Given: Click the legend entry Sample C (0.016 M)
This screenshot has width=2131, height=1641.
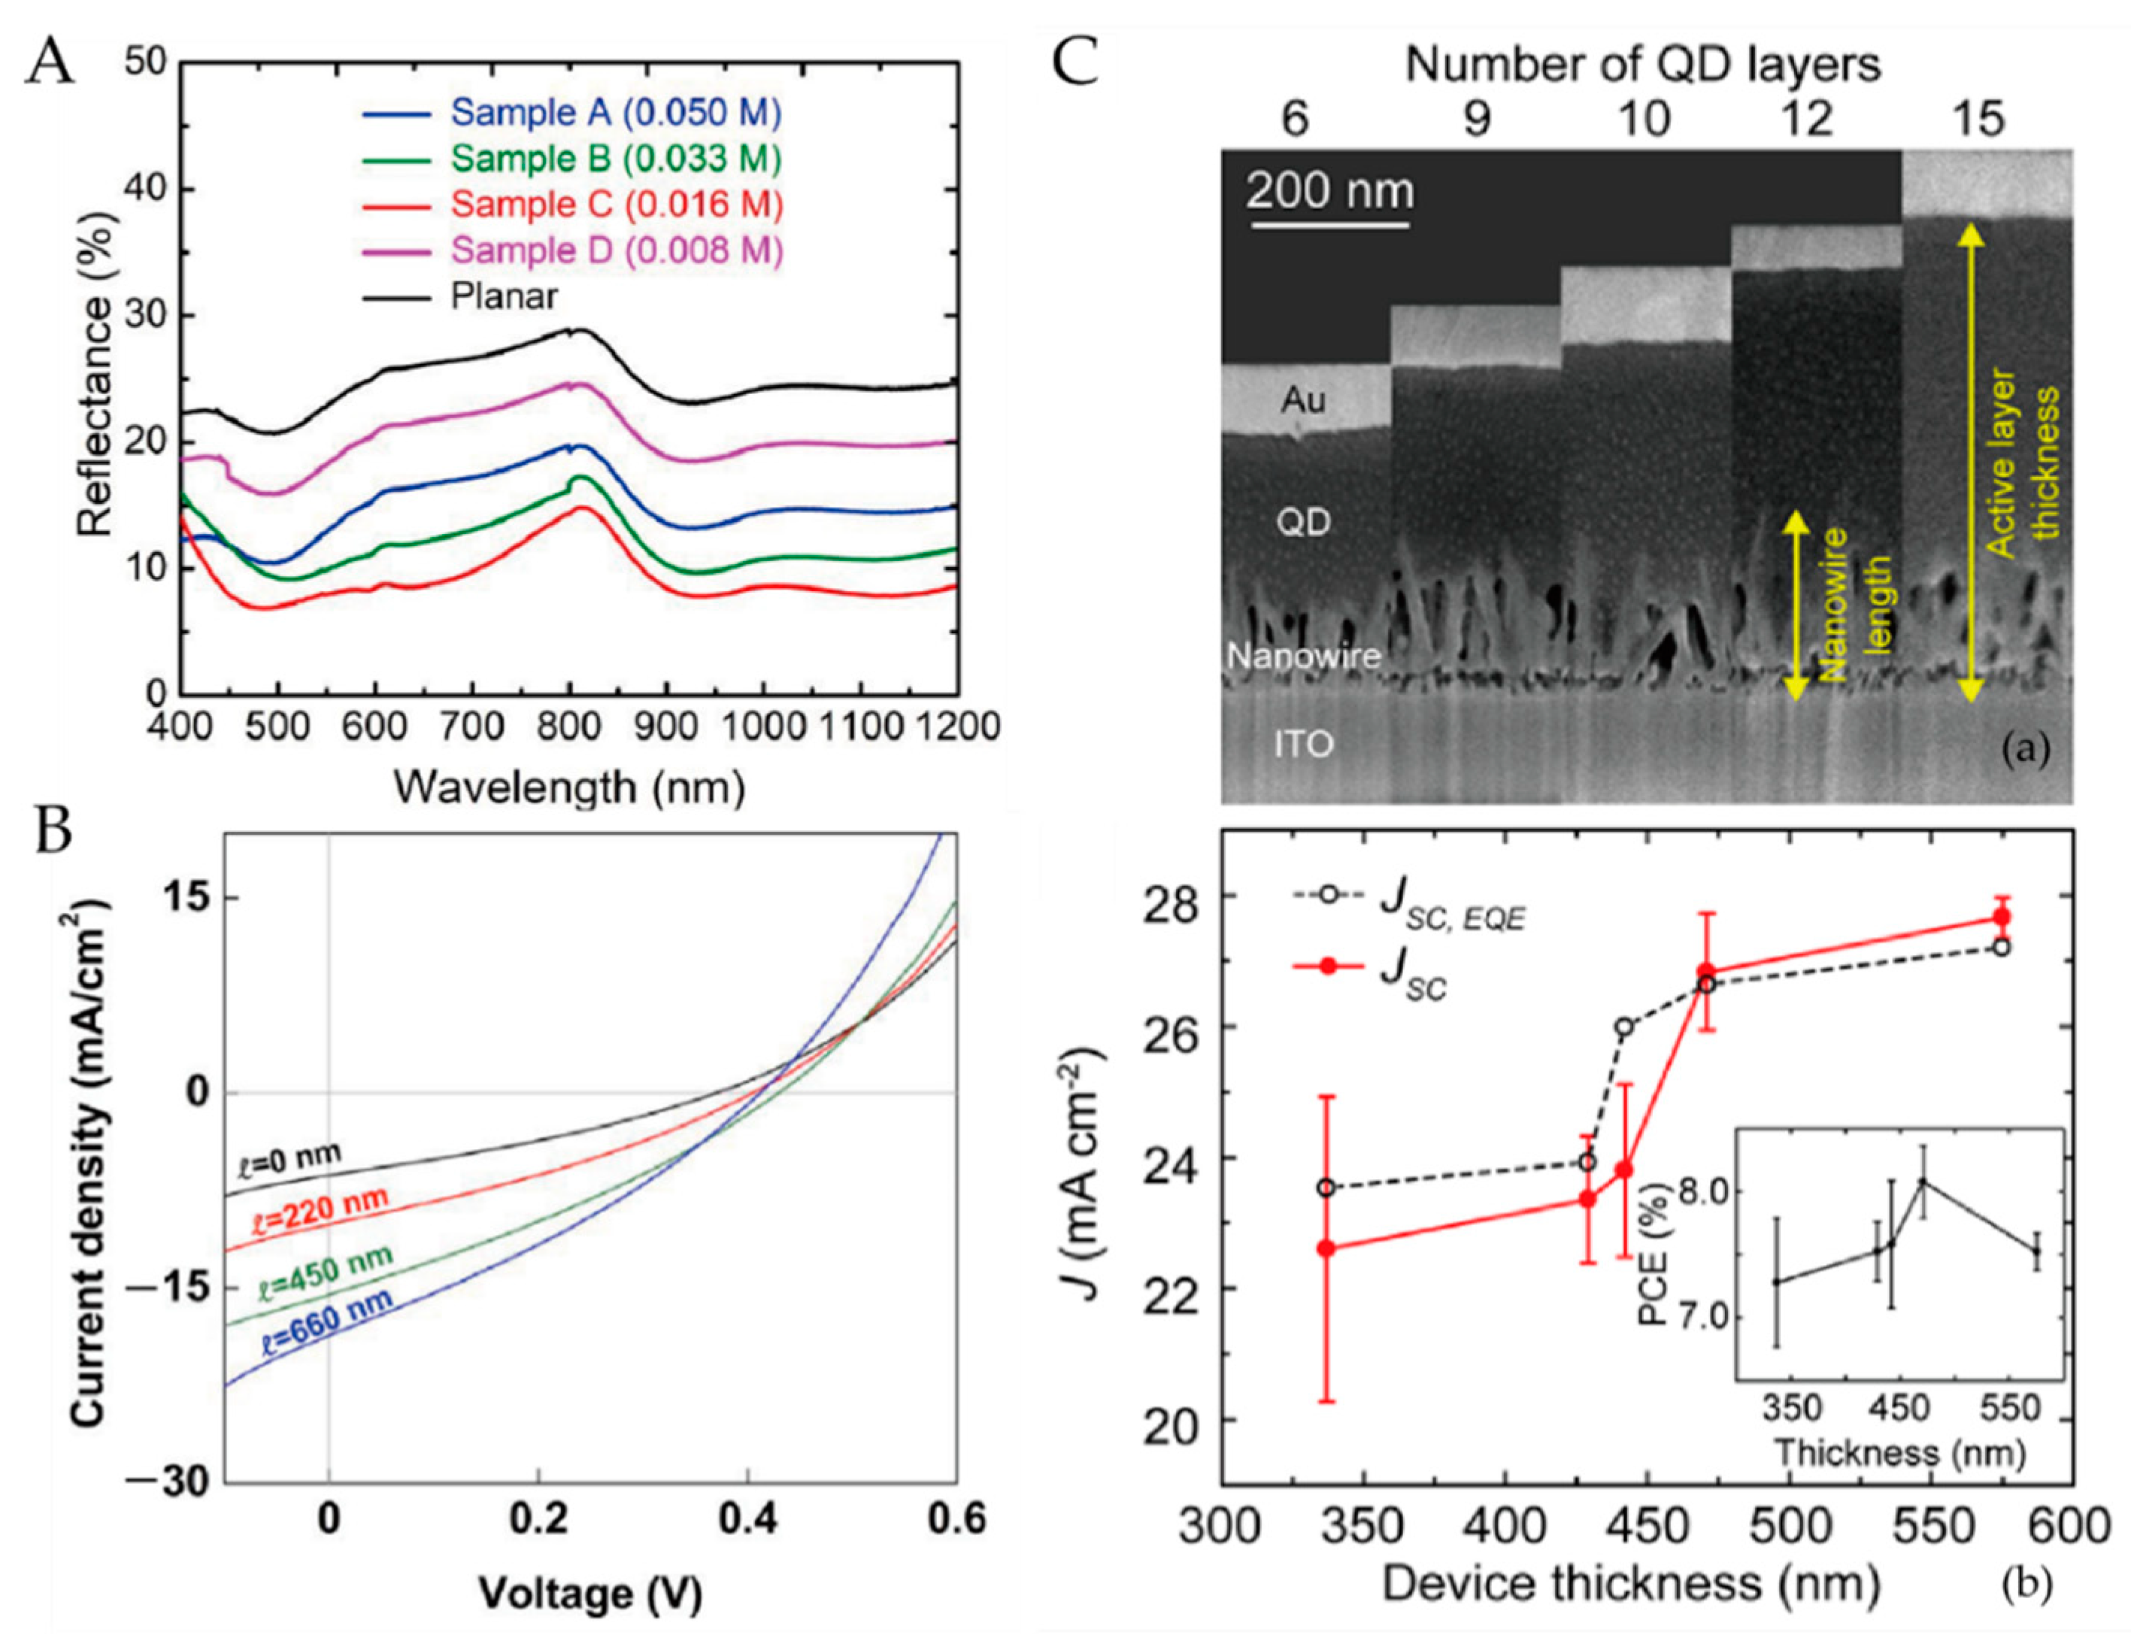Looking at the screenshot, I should point(617,205).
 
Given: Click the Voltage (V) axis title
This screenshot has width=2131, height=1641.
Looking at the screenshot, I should point(590,1593).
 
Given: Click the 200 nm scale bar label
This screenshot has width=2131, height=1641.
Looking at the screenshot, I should point(1329,190).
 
